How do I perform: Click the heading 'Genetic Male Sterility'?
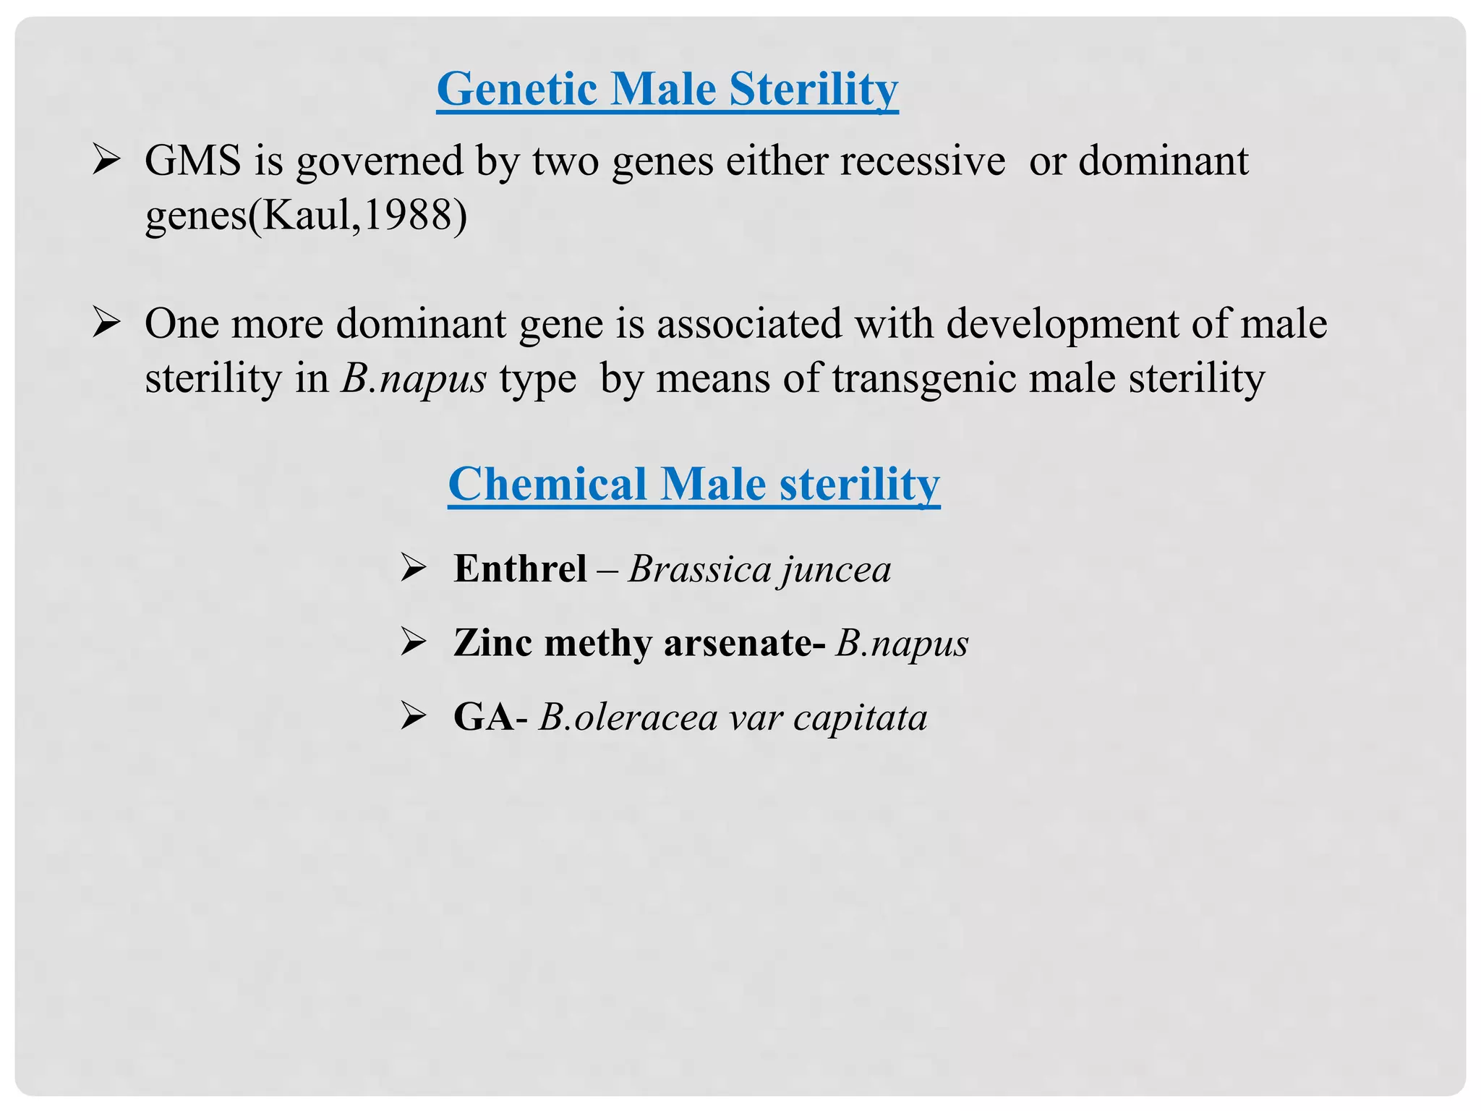pos(667,89)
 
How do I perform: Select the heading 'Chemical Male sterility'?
pos(693,484)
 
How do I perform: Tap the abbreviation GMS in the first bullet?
pos(192,161)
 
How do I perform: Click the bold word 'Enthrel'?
pos(520,569)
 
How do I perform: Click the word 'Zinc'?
pos(492,642)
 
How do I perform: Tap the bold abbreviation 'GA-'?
pos(490,717)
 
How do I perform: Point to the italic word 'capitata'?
pos(860,718)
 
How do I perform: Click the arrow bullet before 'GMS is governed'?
pos(106,161)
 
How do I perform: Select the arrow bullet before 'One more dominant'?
pos(106,323)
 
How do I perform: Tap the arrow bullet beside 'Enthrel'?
pos(414,569)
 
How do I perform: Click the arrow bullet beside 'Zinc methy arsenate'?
pos(414,642)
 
